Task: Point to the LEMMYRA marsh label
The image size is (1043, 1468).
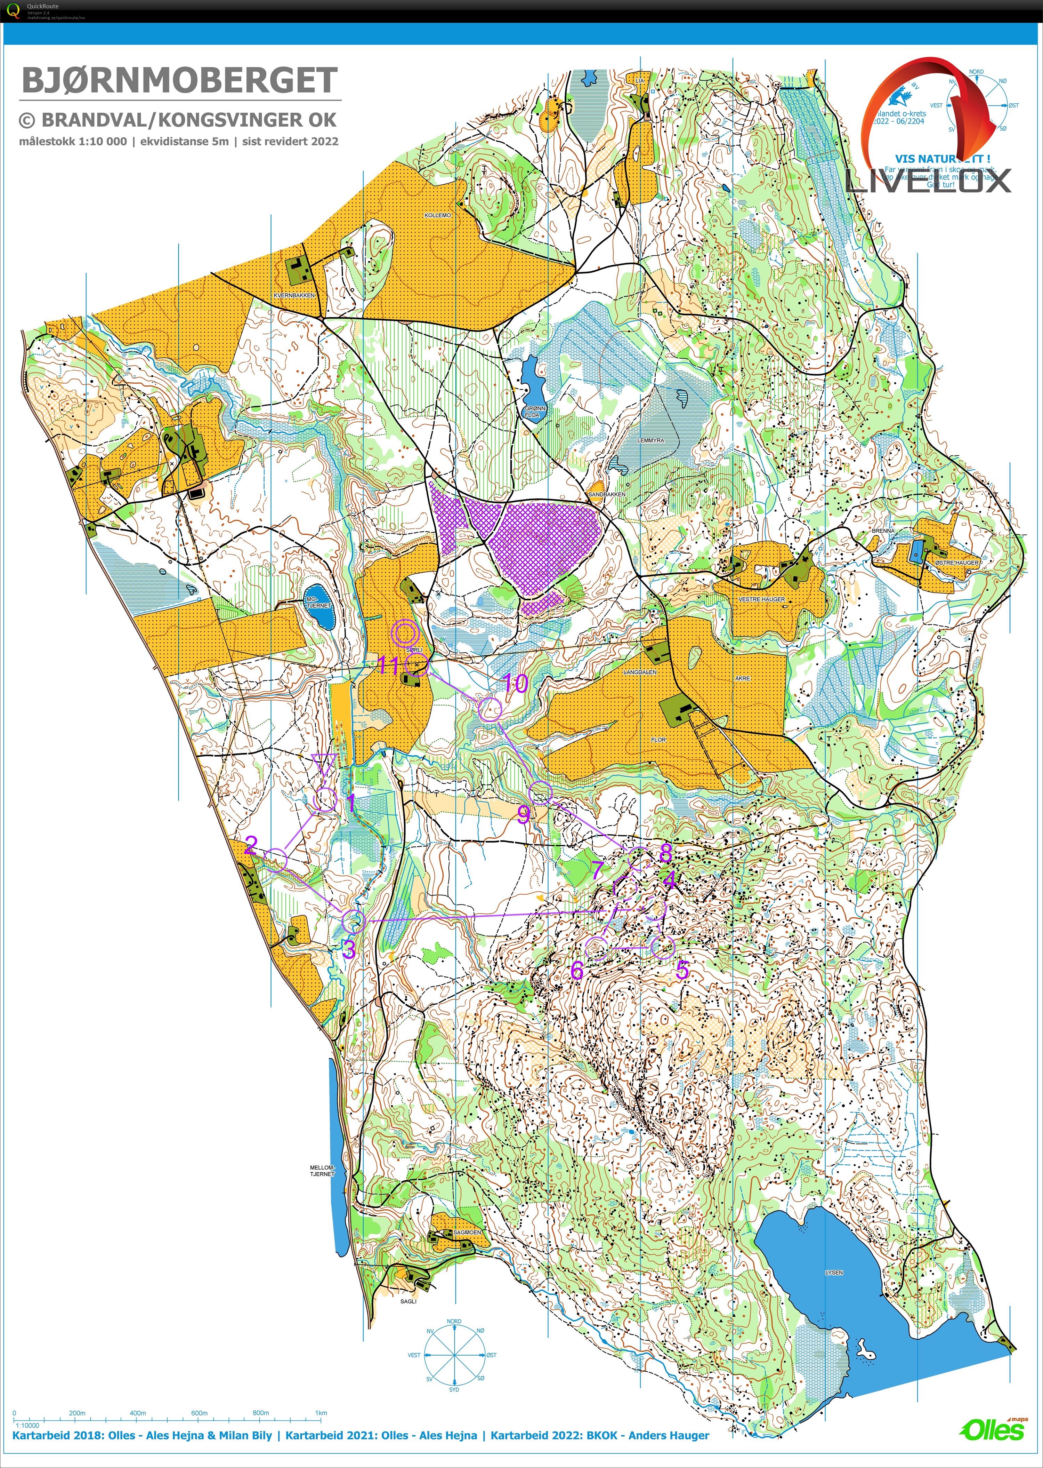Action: pyautogui.click(x=650, y=441)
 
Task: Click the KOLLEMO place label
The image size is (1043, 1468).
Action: pyautogui.click(x=438, y=215)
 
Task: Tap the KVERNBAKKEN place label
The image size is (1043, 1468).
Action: pyautogui.click(x=294, y=296)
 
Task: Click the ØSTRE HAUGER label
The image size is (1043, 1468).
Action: pyautogui.click(x=956, y=563)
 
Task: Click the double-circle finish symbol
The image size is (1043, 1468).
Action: pyautogui.click(x=406, y=634)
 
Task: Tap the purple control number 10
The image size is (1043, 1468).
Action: pyautogui.click(x=515, y=683)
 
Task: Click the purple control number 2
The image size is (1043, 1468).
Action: pyautogui.click(x=250, y=844)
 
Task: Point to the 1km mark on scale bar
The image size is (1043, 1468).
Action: pyautogui.click(x=321, y=1413)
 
